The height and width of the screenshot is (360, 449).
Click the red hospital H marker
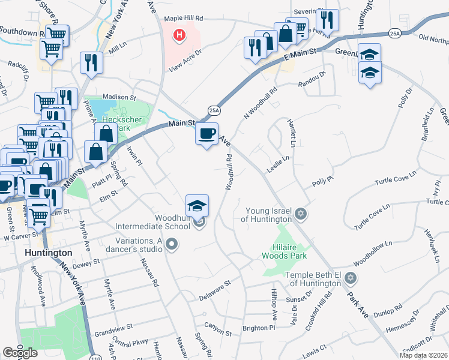179,36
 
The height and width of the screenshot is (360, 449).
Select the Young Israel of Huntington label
269,215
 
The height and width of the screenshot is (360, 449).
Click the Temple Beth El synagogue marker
351,278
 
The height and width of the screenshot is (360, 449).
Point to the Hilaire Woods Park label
286,250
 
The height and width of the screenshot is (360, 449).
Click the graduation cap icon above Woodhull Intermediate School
197,206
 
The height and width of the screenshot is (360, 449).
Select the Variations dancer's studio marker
173,244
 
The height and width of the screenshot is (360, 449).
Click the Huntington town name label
49,253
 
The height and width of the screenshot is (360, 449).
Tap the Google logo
20,353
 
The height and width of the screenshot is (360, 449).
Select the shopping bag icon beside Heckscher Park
106,134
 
